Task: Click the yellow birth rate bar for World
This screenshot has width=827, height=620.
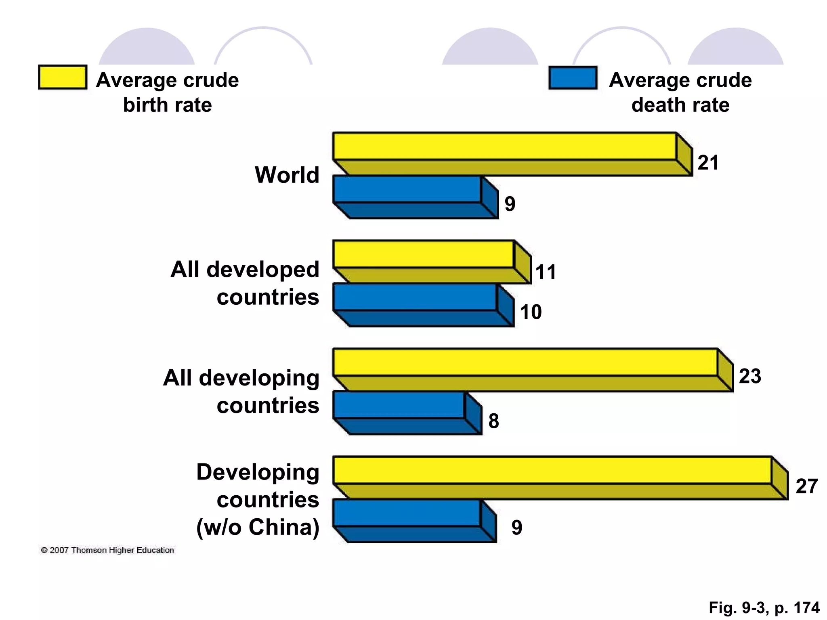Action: pyautogui.click(x=505, y=146)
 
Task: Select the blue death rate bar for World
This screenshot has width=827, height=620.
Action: pyautogui.click(x=408, y=190)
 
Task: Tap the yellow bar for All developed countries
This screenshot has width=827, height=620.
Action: pyautogui.click(x=424, y=254)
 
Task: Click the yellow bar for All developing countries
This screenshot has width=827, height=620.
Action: pyautogui.click(x=525, y=362)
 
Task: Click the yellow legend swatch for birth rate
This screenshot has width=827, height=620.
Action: pyautogui.click(x=63, y=77)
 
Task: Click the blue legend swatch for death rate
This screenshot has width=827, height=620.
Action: pyautogui.click(x=573, y=78)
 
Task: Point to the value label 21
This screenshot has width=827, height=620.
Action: pyautogui.click(x=708, y=163)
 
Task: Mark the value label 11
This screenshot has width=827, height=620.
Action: pyautogui.click(x=546, y=272)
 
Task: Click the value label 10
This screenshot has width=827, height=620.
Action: pyautogui.click(x=531, y=312)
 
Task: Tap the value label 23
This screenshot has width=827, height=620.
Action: pyautogui.click(x=750, y=376)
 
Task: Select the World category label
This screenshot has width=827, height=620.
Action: pyautogui.click(x=287, y=175)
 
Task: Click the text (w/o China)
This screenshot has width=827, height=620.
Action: pyautogui.click(x=258, y=527)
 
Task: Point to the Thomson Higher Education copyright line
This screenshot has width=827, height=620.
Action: pyautogui.click(x=107, y=550)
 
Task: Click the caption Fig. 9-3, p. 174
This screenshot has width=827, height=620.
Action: pyautogui.click(x=764, y=607)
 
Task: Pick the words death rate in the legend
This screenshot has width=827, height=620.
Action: pyautogui.click(x=680, y=105)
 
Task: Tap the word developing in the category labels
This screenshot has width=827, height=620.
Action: pyautogui.click(x=259, y=378)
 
